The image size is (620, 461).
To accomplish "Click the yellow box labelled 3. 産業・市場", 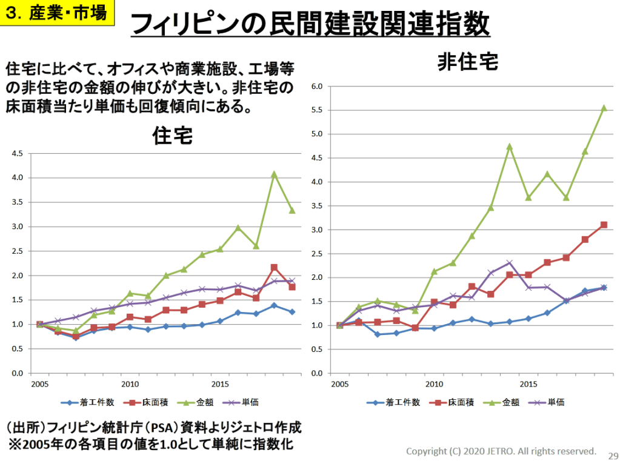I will coord(58,13).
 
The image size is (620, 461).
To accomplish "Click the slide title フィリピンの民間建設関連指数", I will coord(310,24).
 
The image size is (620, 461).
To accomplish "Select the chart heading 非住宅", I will coord(468,62).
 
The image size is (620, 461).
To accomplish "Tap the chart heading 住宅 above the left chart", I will coord(173,135).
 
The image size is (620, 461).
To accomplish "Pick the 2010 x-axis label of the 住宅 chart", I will coord(130,383).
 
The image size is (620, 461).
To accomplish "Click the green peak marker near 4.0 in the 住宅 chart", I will coord(274,174).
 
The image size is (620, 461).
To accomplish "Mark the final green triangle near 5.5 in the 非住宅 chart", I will coord(604,108).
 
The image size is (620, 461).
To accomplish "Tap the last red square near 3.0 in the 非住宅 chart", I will coord(604,225).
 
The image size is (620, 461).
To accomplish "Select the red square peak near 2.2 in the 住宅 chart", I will coord(274,267).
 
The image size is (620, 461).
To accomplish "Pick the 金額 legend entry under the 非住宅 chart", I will coord(498,402).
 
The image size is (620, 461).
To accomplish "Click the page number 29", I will coord(612,456).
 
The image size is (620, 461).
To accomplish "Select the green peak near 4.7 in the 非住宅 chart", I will coord(510,147).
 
